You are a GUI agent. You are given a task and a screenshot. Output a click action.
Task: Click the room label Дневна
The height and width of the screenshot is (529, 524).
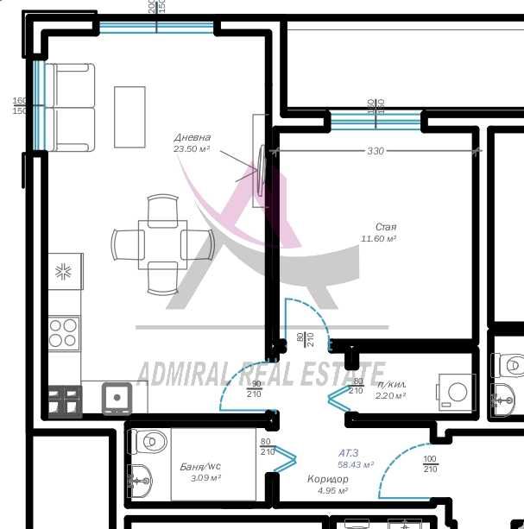tap(192, 137)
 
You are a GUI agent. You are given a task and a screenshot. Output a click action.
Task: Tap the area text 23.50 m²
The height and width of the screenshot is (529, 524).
tap(192, 149)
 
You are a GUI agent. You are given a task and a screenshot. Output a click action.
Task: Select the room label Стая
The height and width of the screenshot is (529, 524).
tap(386, 226)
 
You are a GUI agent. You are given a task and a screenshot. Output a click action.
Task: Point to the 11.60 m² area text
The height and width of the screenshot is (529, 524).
tap(378, 238)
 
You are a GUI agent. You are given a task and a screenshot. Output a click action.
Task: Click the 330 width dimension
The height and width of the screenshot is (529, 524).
tap(375, 151)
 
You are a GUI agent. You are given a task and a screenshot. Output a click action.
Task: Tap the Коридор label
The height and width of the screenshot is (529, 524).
tap(328, 478)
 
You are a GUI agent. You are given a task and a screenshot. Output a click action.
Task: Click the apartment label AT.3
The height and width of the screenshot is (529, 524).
tap(350, 452)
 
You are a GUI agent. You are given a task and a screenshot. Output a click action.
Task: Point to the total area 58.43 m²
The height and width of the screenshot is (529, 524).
tap(356, 464)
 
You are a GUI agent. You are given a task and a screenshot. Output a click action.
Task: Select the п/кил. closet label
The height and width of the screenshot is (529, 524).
tap(392, 384)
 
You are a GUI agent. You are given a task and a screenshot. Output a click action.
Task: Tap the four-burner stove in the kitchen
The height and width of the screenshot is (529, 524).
tap(63, 332)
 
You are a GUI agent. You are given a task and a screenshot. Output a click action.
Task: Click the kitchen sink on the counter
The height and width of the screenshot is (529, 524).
tap(116, 398)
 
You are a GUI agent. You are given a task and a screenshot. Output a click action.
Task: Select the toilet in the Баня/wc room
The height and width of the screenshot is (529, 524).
tap(148, 442)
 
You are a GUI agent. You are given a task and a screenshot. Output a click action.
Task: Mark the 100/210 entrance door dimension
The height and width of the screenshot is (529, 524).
tap(430, 464)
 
